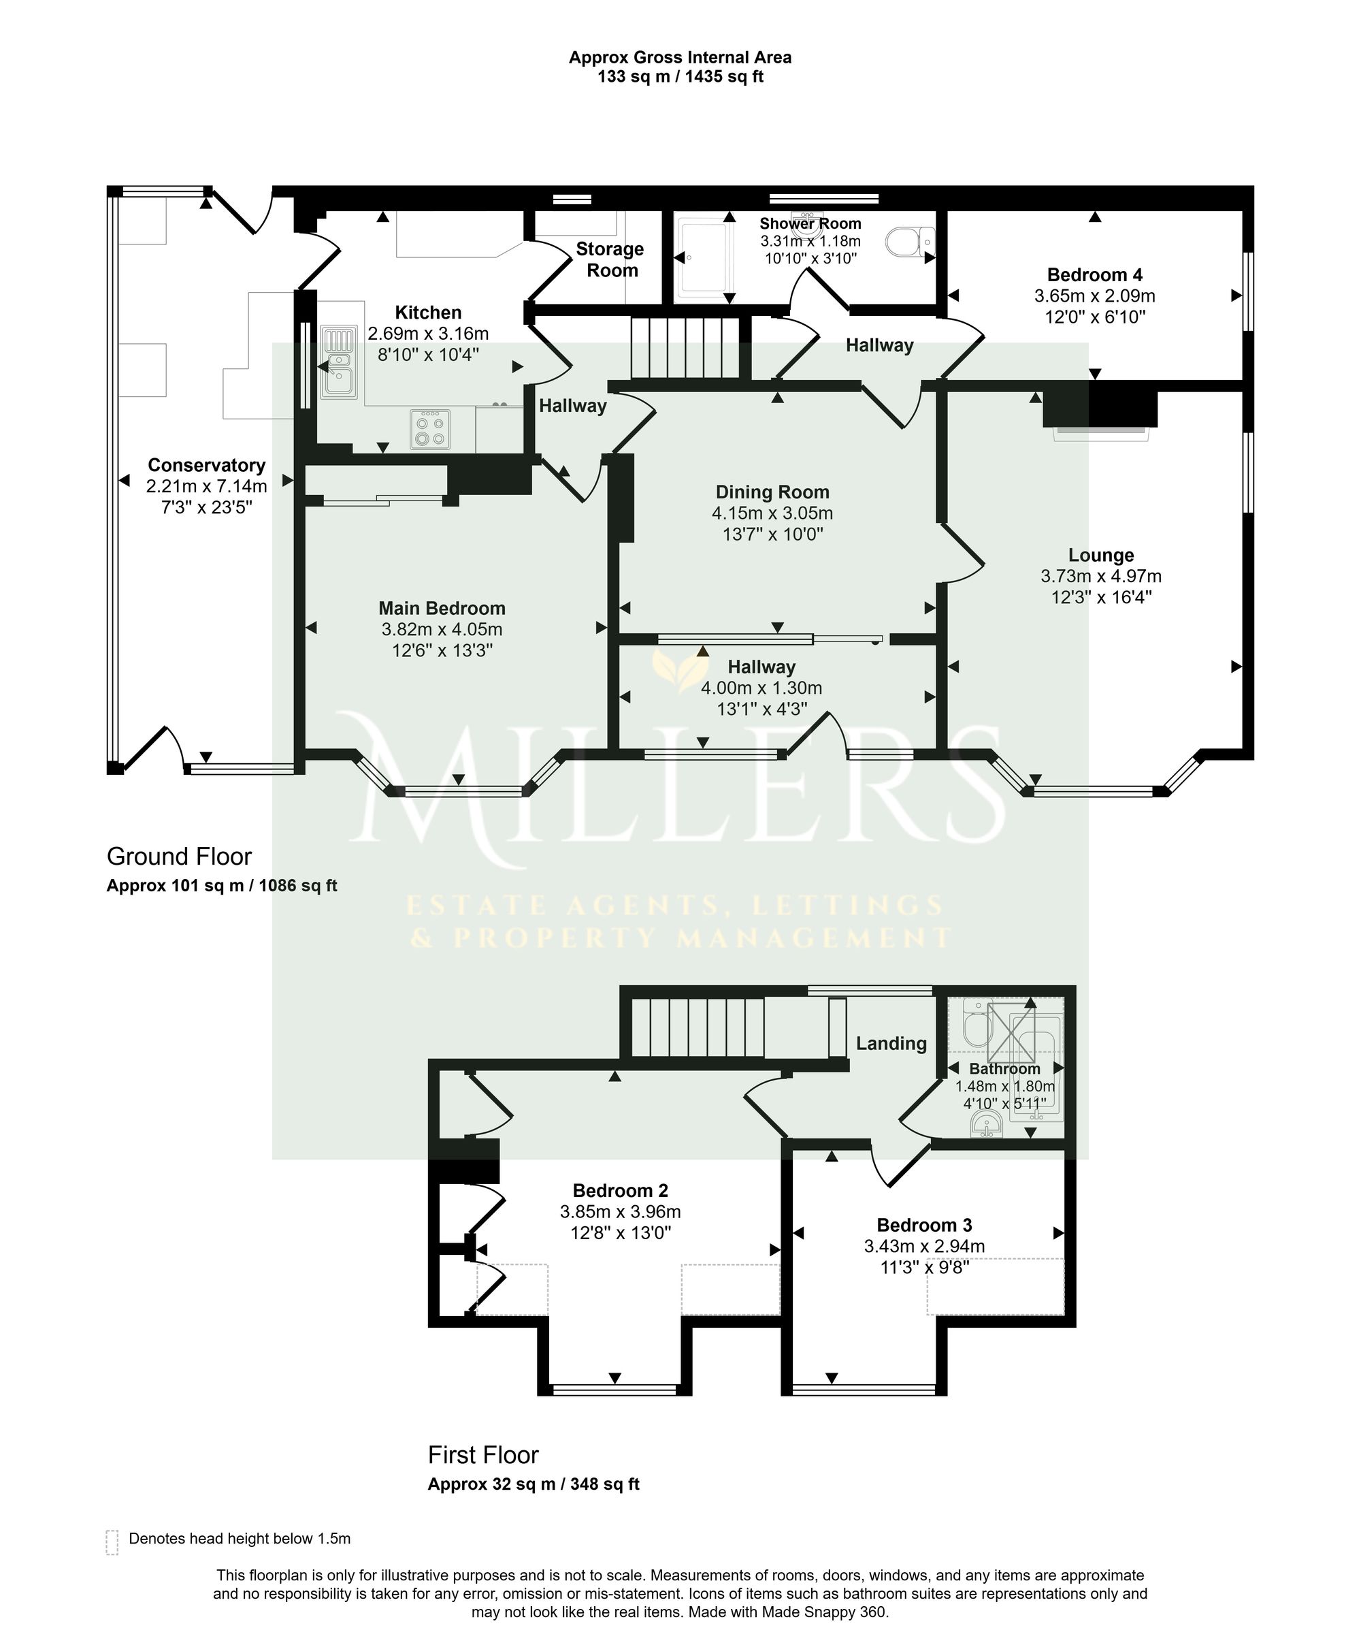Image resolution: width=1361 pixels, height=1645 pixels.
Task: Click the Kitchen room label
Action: click(427, 313)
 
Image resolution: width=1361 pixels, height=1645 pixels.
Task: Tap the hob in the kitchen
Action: click(430, 429)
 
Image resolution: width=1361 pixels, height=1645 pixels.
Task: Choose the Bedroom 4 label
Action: click(1094, 275)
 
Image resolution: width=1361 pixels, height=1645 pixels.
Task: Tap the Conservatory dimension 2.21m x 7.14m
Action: click(207, 485)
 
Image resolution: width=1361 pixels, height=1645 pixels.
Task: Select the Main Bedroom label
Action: click(442, 608)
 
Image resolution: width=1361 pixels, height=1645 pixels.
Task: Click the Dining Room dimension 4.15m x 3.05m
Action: click(772, 513)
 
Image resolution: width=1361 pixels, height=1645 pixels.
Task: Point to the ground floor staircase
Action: click(686, 348)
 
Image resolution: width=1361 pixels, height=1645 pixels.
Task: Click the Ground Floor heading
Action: click(180, 856)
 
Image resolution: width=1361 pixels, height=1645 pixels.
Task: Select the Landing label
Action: click(891, 1043)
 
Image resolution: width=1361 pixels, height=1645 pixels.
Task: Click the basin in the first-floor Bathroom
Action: click(987, 1123)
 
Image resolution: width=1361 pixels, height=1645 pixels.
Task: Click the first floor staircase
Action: click(698, 1027)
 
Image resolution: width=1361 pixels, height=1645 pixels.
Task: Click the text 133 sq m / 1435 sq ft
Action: click(680, 77)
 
